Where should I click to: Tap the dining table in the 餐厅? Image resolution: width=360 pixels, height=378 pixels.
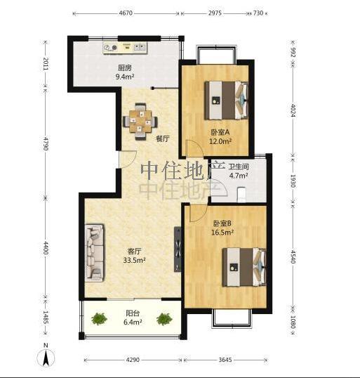point(140,122)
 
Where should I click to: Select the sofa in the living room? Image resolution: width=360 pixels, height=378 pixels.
point(95,253)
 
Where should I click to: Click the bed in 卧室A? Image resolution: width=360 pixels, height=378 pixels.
point(227,100)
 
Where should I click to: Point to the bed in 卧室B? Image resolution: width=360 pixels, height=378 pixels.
point(244,267)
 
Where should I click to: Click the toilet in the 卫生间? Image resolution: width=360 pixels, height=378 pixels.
point(241,195)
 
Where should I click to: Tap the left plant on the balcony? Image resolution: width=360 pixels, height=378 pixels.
point(99,319)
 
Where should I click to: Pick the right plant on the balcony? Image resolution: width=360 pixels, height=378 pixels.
point(164,319)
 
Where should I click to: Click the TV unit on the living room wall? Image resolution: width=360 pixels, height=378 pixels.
point(178,249)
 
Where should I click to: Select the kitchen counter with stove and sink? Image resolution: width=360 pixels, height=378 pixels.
point(125,48)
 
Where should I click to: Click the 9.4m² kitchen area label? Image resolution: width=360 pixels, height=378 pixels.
point(125,77)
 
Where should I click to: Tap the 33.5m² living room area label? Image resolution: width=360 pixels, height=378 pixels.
point(134,260)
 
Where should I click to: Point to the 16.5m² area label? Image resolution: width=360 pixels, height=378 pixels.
point(222,232)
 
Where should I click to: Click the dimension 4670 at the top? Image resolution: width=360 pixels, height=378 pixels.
point(126,13)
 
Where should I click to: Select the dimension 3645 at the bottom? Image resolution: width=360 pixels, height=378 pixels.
point(225,360)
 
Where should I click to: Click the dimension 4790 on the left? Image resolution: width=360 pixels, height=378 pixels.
point(46,143)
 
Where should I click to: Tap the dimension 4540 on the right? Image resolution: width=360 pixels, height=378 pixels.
point(293,256)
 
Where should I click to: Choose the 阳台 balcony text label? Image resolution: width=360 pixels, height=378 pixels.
point(133,313)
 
